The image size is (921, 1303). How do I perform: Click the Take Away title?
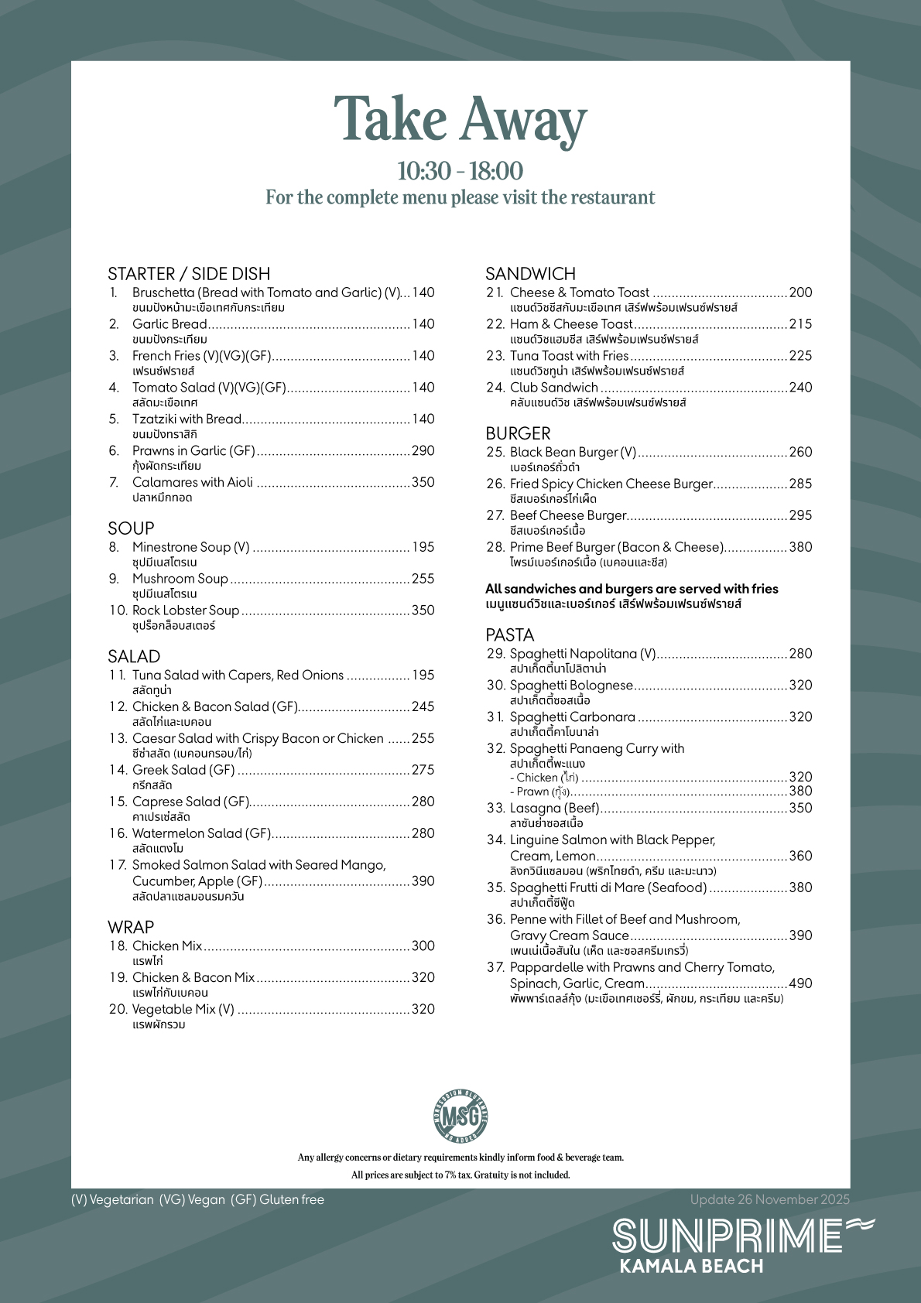460,121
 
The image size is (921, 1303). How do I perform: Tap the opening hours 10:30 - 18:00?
460,171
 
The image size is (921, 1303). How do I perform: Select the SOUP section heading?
131,528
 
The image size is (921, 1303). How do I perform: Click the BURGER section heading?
518,433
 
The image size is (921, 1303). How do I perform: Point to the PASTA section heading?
509,635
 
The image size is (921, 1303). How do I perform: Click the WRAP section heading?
131,927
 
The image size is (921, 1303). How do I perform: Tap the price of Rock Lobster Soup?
423,610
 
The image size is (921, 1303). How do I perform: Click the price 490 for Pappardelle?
800,983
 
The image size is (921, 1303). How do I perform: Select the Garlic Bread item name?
169,324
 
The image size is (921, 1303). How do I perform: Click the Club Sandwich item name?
553,388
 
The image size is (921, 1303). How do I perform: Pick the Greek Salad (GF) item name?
183,770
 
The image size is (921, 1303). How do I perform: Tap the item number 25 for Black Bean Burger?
495,452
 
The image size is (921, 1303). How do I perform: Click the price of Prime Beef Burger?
800,547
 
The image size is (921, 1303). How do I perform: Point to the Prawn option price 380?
800,791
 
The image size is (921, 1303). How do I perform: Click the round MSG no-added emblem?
460,1115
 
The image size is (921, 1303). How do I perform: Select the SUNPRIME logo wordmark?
728,1236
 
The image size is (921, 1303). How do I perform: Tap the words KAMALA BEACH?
691,1266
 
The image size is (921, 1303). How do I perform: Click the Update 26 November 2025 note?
769,1199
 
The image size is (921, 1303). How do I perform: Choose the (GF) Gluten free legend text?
277,1199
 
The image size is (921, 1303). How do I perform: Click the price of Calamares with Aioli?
423,483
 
